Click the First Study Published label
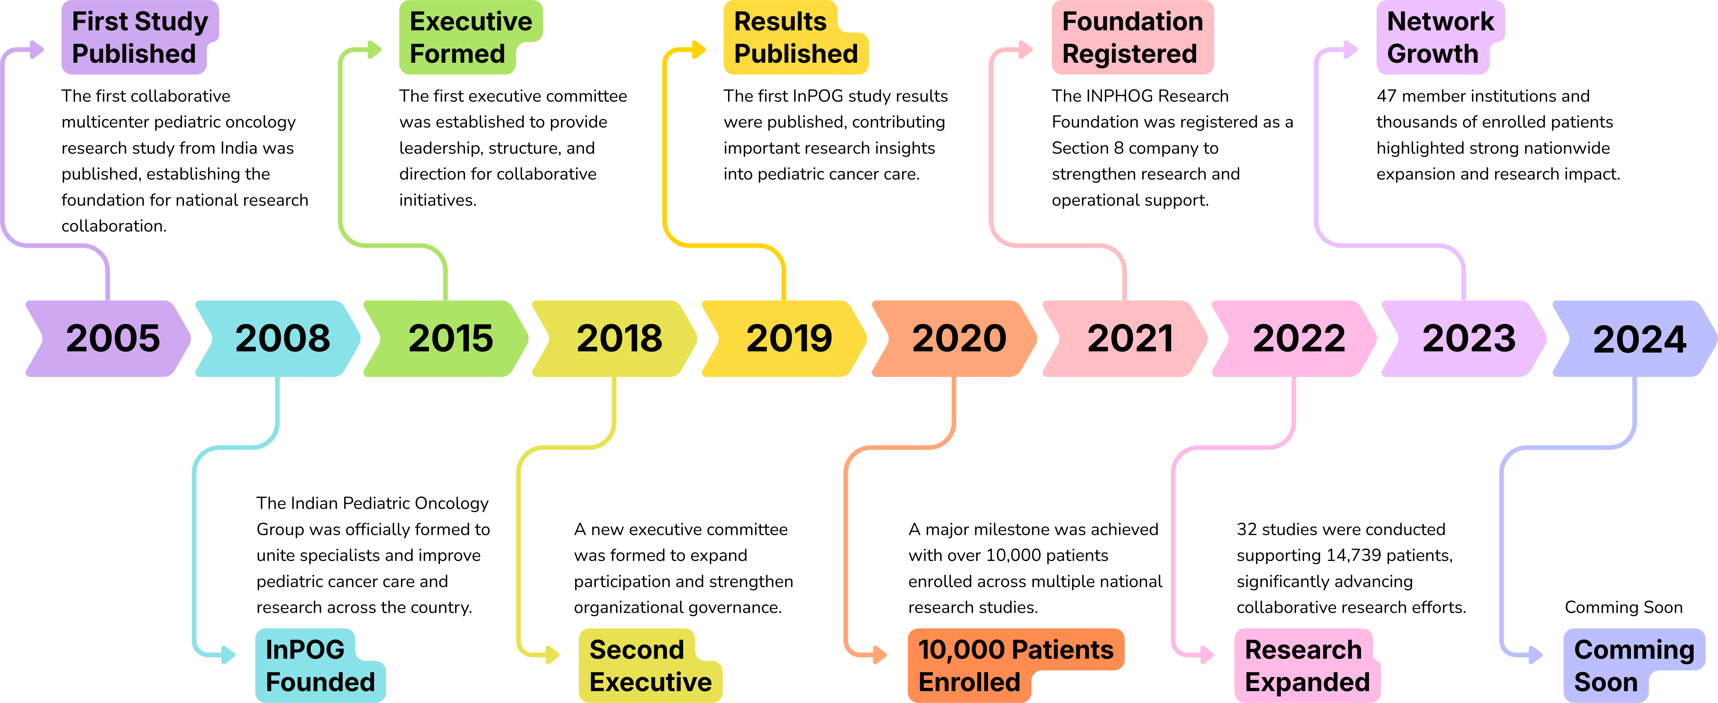(139, 37)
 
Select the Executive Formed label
(470, 37)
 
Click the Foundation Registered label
(1132, 37)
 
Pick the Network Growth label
(1439, 37)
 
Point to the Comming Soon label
(1633, 665)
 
